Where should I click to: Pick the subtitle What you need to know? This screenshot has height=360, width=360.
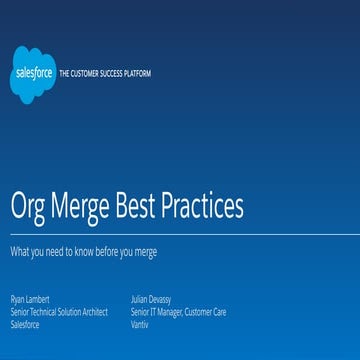pos(83,251)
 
